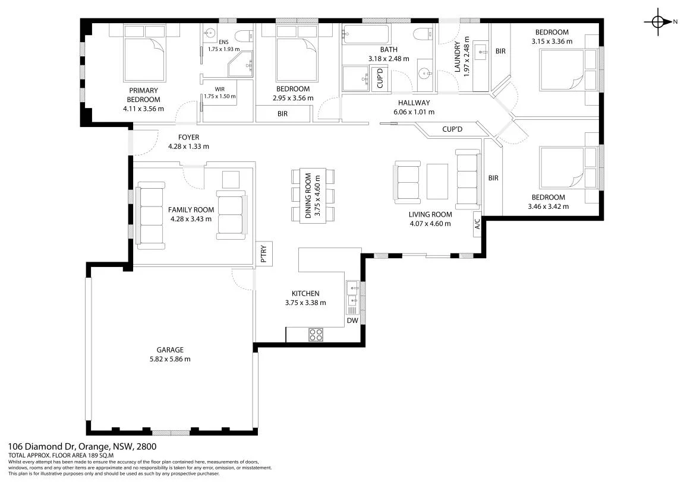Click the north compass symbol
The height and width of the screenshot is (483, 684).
[x=658, y=21]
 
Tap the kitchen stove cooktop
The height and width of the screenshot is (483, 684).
[x=316, y=335]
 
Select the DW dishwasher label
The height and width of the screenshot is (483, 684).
[x=352, y=320]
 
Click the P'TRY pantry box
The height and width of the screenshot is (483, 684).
[x=264, y=253]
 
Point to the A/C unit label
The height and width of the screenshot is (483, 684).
[x=478, y=224]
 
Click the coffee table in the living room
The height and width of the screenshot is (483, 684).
[x=437, y=181]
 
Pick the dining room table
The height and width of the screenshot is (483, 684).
[x=313, y=195]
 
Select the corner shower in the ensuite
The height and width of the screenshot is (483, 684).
[x=240, y=63]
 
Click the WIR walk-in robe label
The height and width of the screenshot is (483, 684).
[x=219, y=89]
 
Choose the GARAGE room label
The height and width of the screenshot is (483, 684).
[x=170, y=349]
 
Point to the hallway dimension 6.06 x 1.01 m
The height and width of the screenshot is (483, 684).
[x=414, y=112]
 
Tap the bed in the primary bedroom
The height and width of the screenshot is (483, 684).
[x=145, y=53]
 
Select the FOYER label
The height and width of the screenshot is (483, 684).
[x=188, y=137]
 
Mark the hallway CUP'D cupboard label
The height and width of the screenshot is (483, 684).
[x=452, y=129]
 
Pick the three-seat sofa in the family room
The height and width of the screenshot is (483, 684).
[x=150, y=216]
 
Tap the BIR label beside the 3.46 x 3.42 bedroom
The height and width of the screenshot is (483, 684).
[x=493, y=178]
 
